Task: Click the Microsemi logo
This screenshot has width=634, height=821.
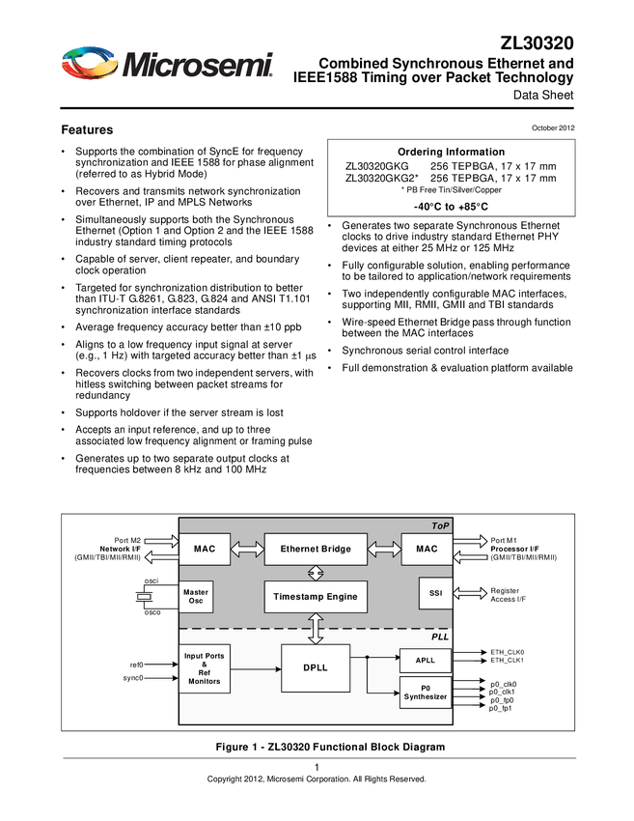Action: (x=169, y=64)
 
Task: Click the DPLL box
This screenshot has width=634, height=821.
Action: (x=316, y=668)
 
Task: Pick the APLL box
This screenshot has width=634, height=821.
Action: (x=426, y=661)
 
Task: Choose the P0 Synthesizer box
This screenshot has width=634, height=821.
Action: (x=426, y=694)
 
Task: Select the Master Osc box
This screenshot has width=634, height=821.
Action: (x=196, y=596)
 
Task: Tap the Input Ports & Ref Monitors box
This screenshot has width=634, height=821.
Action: (x=205, y=668)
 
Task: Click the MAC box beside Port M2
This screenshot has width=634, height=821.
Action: (x=205, y=550)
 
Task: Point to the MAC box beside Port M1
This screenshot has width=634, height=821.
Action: (x=427, y=550)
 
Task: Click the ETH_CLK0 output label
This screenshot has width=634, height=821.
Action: (x=508, y=652)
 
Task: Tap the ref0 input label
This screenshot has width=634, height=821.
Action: (x=136, y=665)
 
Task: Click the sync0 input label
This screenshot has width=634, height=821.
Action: (x=133, y=678)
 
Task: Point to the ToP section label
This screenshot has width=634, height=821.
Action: (x=440, y=525)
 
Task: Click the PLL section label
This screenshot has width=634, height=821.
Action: (x=440, y=638)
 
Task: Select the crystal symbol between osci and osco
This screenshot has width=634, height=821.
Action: (x=146, y=596)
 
